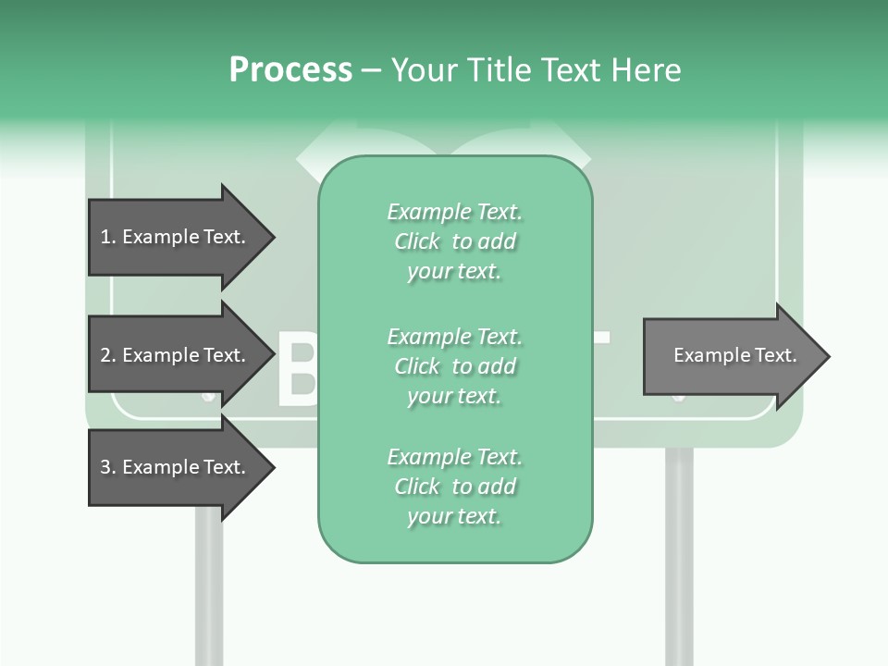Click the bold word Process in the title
pos(290,70)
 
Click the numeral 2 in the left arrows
pos(105,355)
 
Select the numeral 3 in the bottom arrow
pos(105,467)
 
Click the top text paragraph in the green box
pos(454,241)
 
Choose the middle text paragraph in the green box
pos(454,366)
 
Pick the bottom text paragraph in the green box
pos(454,487)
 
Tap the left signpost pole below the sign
pos(209,592)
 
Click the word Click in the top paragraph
pos(417,241)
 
